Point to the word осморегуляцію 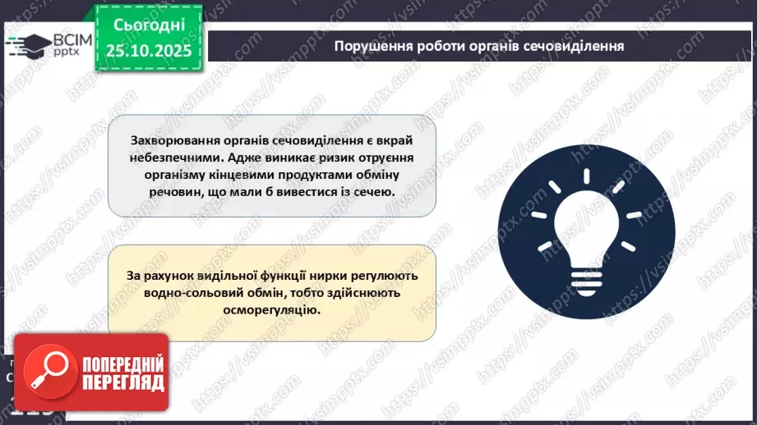(x=272, y=311)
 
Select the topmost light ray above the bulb (x=586, y=176)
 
